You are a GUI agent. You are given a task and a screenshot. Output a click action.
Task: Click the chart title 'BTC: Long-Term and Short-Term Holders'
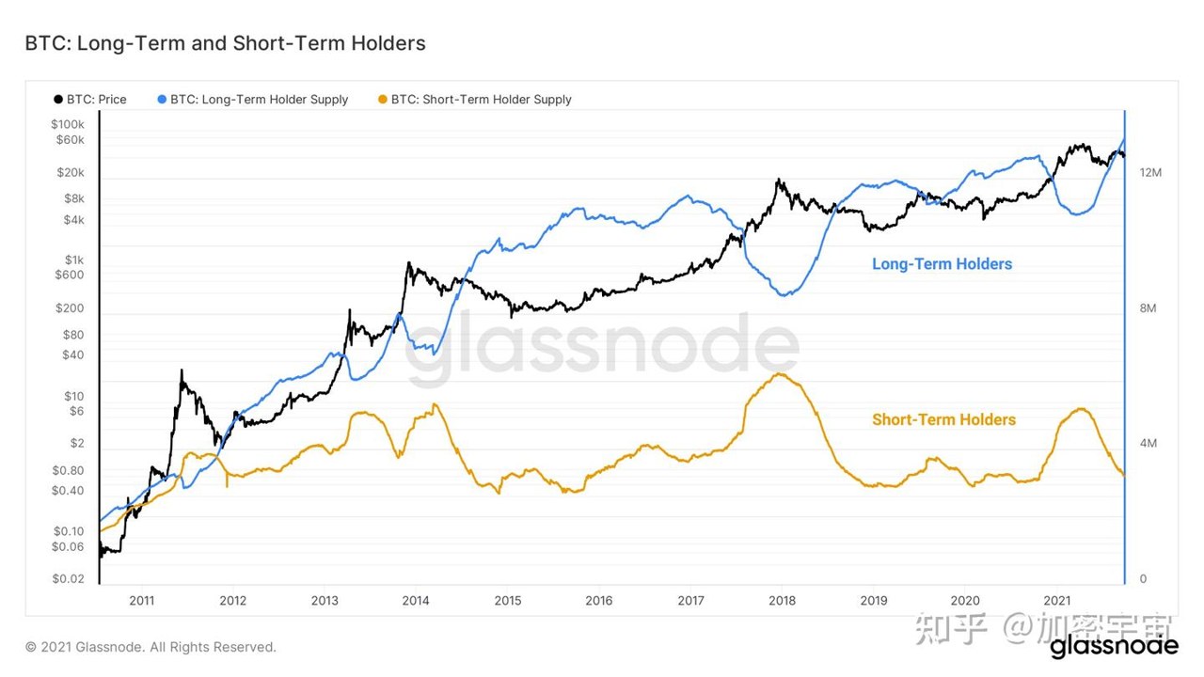225,43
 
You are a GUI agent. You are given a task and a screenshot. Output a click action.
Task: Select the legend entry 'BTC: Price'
90,100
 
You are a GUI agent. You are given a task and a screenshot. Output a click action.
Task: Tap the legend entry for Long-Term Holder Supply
253,100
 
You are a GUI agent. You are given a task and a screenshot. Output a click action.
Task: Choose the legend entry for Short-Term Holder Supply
475,100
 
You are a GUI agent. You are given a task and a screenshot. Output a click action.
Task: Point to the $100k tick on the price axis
68,125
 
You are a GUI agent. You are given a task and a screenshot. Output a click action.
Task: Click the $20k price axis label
71,172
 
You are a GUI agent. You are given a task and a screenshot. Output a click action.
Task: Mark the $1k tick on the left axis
74,260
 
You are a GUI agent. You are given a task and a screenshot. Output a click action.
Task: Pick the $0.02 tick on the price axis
69,578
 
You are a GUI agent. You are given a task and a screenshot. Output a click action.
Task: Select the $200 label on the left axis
70,308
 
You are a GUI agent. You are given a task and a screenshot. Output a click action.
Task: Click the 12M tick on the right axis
1150,172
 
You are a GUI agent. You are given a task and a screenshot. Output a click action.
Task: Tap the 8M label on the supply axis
1148,308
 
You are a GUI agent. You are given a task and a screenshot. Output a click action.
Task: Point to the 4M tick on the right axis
1148,443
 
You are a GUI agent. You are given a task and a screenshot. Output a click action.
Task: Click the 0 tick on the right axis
1143,578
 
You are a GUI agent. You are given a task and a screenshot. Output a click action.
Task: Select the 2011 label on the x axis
141,601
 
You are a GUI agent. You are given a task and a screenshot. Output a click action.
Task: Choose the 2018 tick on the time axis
782,601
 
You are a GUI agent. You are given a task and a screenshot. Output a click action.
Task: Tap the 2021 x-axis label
1056,601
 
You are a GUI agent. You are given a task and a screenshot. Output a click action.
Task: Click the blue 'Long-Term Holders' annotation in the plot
942,264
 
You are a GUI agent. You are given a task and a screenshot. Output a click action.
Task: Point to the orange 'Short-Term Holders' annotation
943,419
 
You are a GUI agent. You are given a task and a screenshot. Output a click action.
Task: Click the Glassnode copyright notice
150,647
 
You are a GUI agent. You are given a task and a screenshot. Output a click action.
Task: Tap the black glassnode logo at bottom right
1115,646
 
